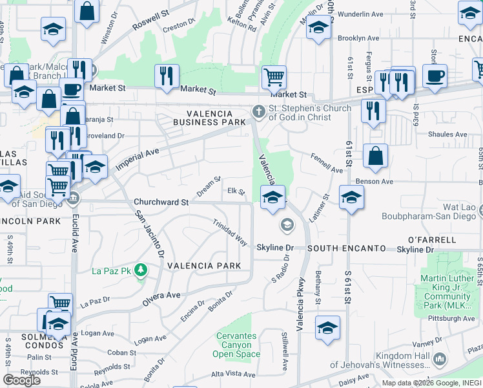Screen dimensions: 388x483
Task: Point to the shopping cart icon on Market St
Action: (x=274, y=77)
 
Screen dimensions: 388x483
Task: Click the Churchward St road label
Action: (x=161, y=202)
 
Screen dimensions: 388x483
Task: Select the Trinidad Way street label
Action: (x=231, y=232)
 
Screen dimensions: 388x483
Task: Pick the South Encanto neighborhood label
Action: (x=345, y=248)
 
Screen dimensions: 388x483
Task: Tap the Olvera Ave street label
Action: (x=161, y=296)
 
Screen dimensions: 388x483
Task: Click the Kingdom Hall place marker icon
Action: (x=440, y=358)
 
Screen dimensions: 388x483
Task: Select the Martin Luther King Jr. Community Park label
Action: (x=456, y=288)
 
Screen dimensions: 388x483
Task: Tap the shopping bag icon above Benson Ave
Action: (x=375, y=156)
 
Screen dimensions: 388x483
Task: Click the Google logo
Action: (x=21, y=380)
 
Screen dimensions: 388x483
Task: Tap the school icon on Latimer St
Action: (x=351, y=198)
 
